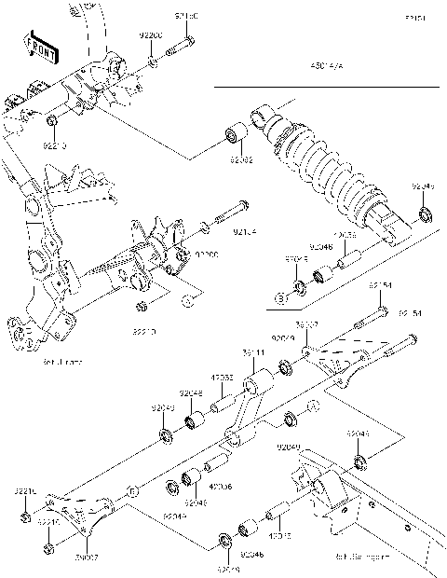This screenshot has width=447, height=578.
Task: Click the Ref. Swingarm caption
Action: (x=361, y=558)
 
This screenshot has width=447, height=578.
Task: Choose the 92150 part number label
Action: (x=186, y=18)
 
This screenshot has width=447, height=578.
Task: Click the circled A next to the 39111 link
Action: (x=312, y=406)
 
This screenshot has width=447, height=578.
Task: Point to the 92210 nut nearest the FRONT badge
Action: (x=53, y=121)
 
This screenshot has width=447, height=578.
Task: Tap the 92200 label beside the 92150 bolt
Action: (x=151, y=34)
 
